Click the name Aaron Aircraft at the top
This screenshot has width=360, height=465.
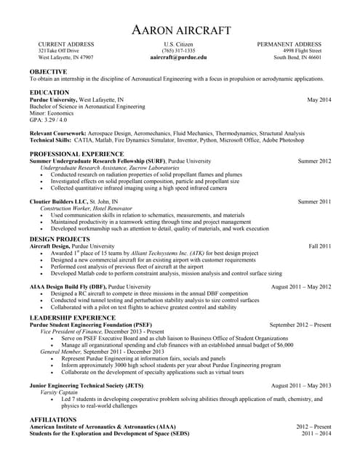(180, 30)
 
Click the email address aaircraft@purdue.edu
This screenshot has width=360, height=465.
(179, 57)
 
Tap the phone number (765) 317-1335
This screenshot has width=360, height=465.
(179, 50)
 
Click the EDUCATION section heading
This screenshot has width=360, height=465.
(49, 92)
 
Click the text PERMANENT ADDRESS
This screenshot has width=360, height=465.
(294, 44)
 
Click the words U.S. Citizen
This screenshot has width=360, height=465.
(179, 44)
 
